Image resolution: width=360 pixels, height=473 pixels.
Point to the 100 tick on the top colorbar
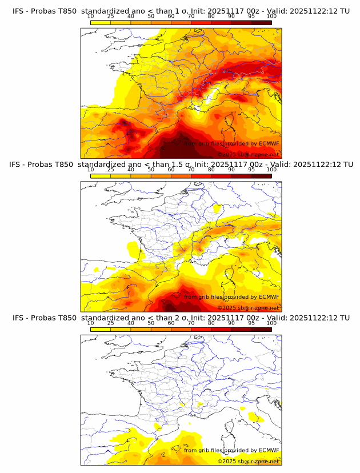point(271,17)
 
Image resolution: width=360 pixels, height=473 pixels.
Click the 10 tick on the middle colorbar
point(90,170)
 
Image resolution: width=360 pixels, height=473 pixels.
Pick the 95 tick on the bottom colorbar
point(251,323)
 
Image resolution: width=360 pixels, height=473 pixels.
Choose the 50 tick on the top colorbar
point(151,17)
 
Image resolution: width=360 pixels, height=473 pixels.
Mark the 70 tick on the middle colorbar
point(191,170)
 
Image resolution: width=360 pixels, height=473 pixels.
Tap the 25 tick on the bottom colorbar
point(110,323)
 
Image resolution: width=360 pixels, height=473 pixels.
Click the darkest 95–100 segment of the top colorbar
point(261,22)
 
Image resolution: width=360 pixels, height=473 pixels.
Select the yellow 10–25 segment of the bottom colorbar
point(101,329)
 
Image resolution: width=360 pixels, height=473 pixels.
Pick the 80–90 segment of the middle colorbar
point(221,176)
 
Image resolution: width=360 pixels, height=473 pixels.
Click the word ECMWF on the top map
point(269,144)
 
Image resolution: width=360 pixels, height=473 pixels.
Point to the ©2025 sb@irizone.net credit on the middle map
point(248,307)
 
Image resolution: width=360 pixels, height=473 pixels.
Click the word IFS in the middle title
point(18,165)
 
